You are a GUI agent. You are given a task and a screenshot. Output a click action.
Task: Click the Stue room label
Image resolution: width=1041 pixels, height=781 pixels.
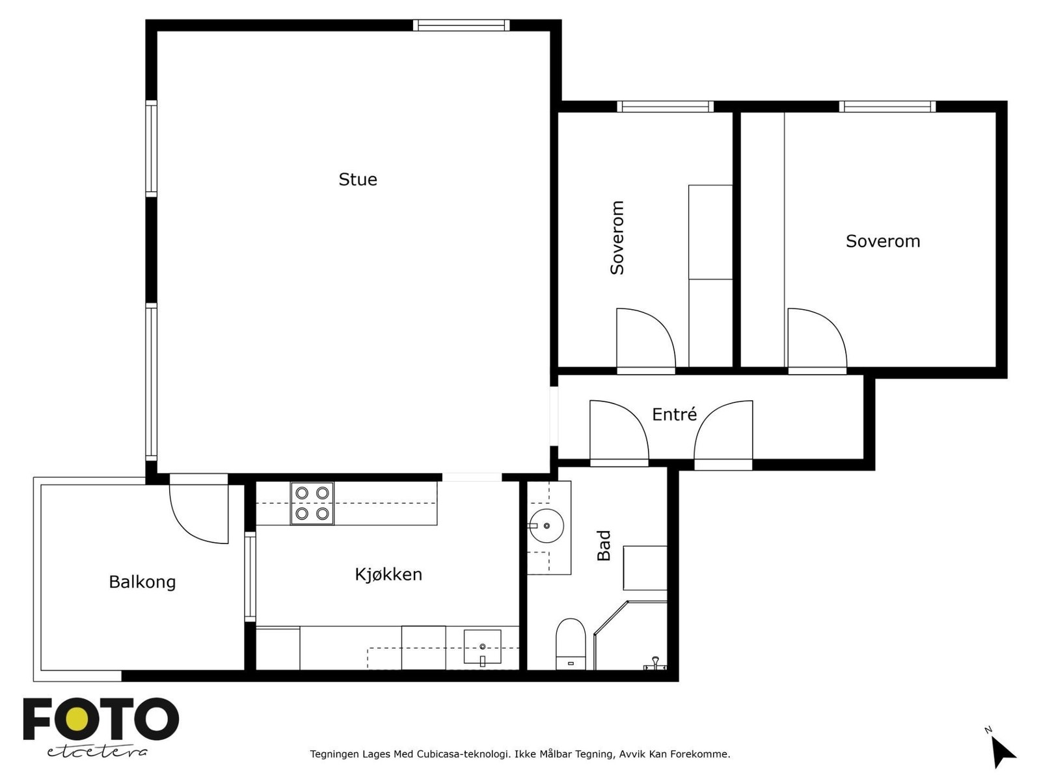pyautogui.click(x=358, y=180)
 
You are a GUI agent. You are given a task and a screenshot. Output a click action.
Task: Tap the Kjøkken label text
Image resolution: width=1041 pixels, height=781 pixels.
pyautogui.click(x=388, y=574)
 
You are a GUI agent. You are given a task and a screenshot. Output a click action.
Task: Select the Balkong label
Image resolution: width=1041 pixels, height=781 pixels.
pyautogui.click(x=142, y=582)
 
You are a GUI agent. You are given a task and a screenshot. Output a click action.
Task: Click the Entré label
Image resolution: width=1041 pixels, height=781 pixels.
pyautogui.click(x=674, y=415)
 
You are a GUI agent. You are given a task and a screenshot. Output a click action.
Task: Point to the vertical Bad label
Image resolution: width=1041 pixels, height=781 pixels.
pyautogui.click(x=604, y=545)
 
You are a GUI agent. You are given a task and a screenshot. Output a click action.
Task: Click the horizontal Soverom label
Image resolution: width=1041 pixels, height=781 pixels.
pyautogui.click(x=882, y=241)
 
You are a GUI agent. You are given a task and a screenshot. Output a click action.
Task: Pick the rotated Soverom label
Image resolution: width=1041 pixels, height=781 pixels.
pyautogui.click(x=617, y=238)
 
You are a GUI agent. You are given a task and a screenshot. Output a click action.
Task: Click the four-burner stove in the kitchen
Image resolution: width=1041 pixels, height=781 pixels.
pyautogui.click(x=312, y=503)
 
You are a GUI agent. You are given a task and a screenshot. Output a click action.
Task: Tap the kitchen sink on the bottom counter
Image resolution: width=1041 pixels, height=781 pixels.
pyautogui.click(x=482, y=646)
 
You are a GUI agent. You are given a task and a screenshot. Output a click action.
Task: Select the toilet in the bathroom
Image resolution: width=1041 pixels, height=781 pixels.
pyautogui.click(x=571, y=643)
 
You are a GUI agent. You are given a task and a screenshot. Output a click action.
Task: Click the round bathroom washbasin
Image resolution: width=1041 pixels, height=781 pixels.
pyautogui.click(x=545, y=525)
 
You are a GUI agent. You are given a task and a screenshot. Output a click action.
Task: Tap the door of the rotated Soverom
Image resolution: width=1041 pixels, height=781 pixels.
pyautogui.click(x=644, y=338)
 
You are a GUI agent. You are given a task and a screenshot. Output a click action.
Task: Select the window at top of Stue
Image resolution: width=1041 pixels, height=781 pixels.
pyautogui.click(x=461, y=25)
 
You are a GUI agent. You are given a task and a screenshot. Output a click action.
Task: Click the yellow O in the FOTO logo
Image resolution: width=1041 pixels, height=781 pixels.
pyautogui.click(x=78, y=719)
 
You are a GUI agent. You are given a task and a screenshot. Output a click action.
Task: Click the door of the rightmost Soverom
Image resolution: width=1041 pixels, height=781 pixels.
pyautogui.click(x=815, y=338)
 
